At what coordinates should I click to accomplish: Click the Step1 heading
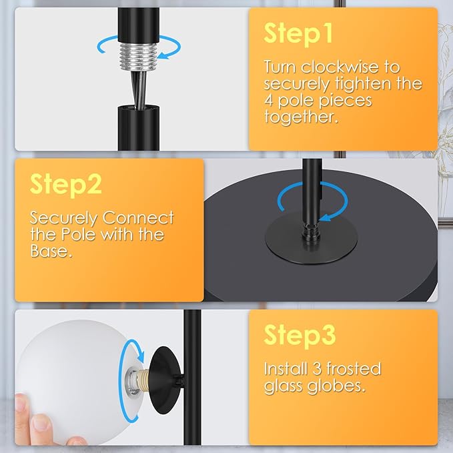298,35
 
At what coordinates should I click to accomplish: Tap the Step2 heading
65,184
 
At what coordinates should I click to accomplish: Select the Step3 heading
300,335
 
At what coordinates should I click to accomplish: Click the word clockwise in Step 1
340,67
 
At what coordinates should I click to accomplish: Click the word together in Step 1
301,117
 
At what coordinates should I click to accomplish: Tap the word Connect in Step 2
138,218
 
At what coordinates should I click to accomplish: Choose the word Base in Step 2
51,251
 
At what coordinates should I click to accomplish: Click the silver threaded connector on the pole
138,57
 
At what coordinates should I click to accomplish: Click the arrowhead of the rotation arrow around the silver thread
164,55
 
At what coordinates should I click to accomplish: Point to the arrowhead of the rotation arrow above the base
326,217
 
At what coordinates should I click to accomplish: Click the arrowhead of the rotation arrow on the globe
141,356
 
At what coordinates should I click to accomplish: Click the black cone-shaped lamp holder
166,380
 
